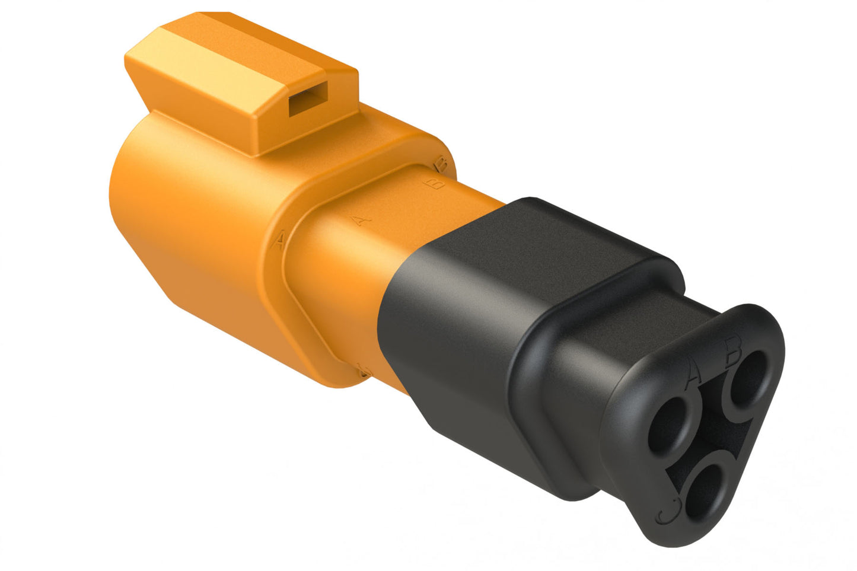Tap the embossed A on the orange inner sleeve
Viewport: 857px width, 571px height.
coord(359,220)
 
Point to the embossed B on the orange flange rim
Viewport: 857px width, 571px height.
coord(440,161)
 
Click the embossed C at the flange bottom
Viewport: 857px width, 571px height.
coord(364,371)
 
